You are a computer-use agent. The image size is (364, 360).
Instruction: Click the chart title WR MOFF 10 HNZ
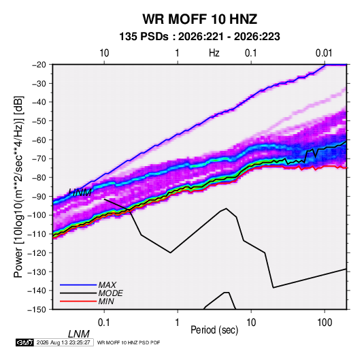[199, 19]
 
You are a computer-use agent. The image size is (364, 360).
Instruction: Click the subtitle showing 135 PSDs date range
[199, 37]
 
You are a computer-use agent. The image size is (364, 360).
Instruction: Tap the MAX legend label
[107, 285]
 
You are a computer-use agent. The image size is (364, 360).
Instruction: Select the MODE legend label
[110, 293]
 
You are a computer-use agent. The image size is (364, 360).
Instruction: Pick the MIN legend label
[106, 301]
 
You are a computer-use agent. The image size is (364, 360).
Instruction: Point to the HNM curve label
[80, 193]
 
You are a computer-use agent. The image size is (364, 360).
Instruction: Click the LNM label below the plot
[79, 334]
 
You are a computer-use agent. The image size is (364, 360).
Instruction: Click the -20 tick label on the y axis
[39, 65]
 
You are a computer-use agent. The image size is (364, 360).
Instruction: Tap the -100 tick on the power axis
[37, 215]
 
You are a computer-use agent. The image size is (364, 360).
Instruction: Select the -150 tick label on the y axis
[37, 310]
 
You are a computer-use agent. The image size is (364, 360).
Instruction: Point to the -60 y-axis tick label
[39, 140]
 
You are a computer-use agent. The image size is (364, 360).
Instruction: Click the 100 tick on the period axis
[325, 323]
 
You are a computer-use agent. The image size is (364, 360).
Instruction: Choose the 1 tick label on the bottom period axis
[178, 323]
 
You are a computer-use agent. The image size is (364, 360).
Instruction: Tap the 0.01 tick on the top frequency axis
[324, 53]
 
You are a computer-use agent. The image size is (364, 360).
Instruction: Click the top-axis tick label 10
[104, 53]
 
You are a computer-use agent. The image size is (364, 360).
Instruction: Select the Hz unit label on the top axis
[214, 53]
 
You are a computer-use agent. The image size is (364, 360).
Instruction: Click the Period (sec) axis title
[214, 330]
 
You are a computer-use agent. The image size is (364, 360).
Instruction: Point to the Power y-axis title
[18, 186]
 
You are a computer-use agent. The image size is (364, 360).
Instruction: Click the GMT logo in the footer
[24, 342]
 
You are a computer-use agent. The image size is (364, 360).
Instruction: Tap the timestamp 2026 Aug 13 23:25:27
[63, 342]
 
